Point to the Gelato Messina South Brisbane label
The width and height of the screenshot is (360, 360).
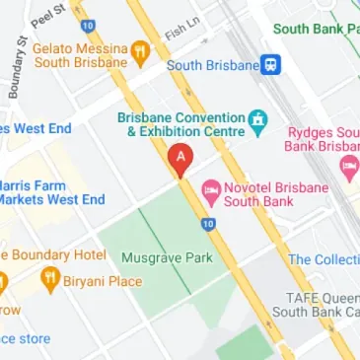click(81, 54)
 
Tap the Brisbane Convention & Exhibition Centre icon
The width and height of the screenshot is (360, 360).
click(258, 122)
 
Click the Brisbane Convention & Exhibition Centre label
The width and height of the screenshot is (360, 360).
click(180, 123)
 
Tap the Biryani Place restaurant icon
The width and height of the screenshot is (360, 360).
click(49, 282)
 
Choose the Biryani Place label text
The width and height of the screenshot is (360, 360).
click(104, 281)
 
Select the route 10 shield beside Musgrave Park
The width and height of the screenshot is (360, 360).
click(207, 225)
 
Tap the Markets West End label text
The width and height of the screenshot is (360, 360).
click(51, 199)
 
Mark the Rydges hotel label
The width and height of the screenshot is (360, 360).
click(324, 139)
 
